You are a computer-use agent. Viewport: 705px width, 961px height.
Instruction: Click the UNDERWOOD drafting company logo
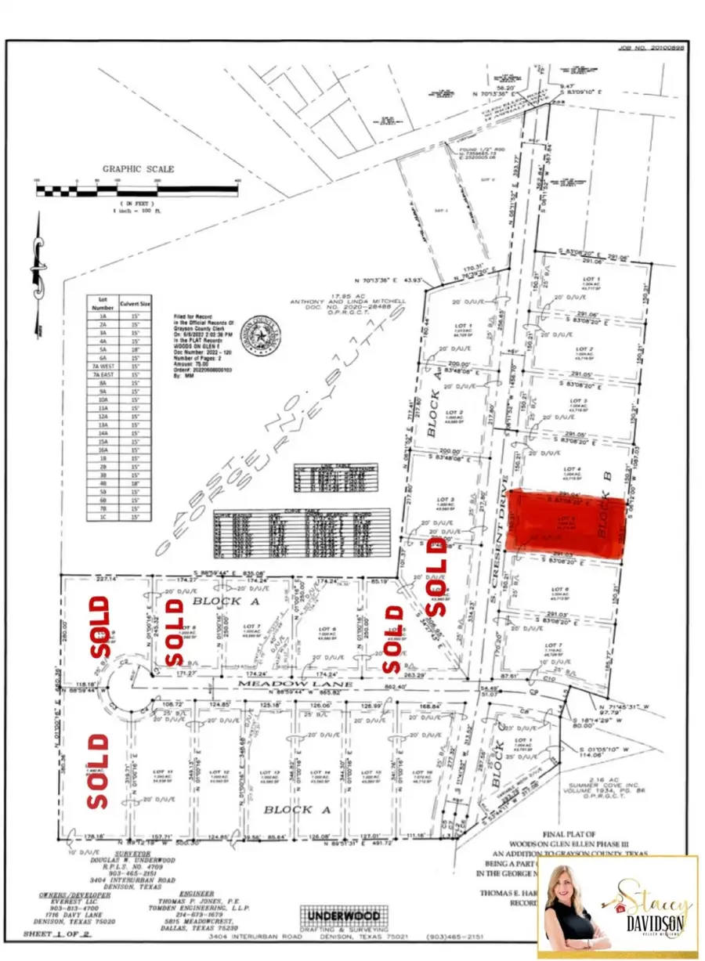click(x=342, y=917)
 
